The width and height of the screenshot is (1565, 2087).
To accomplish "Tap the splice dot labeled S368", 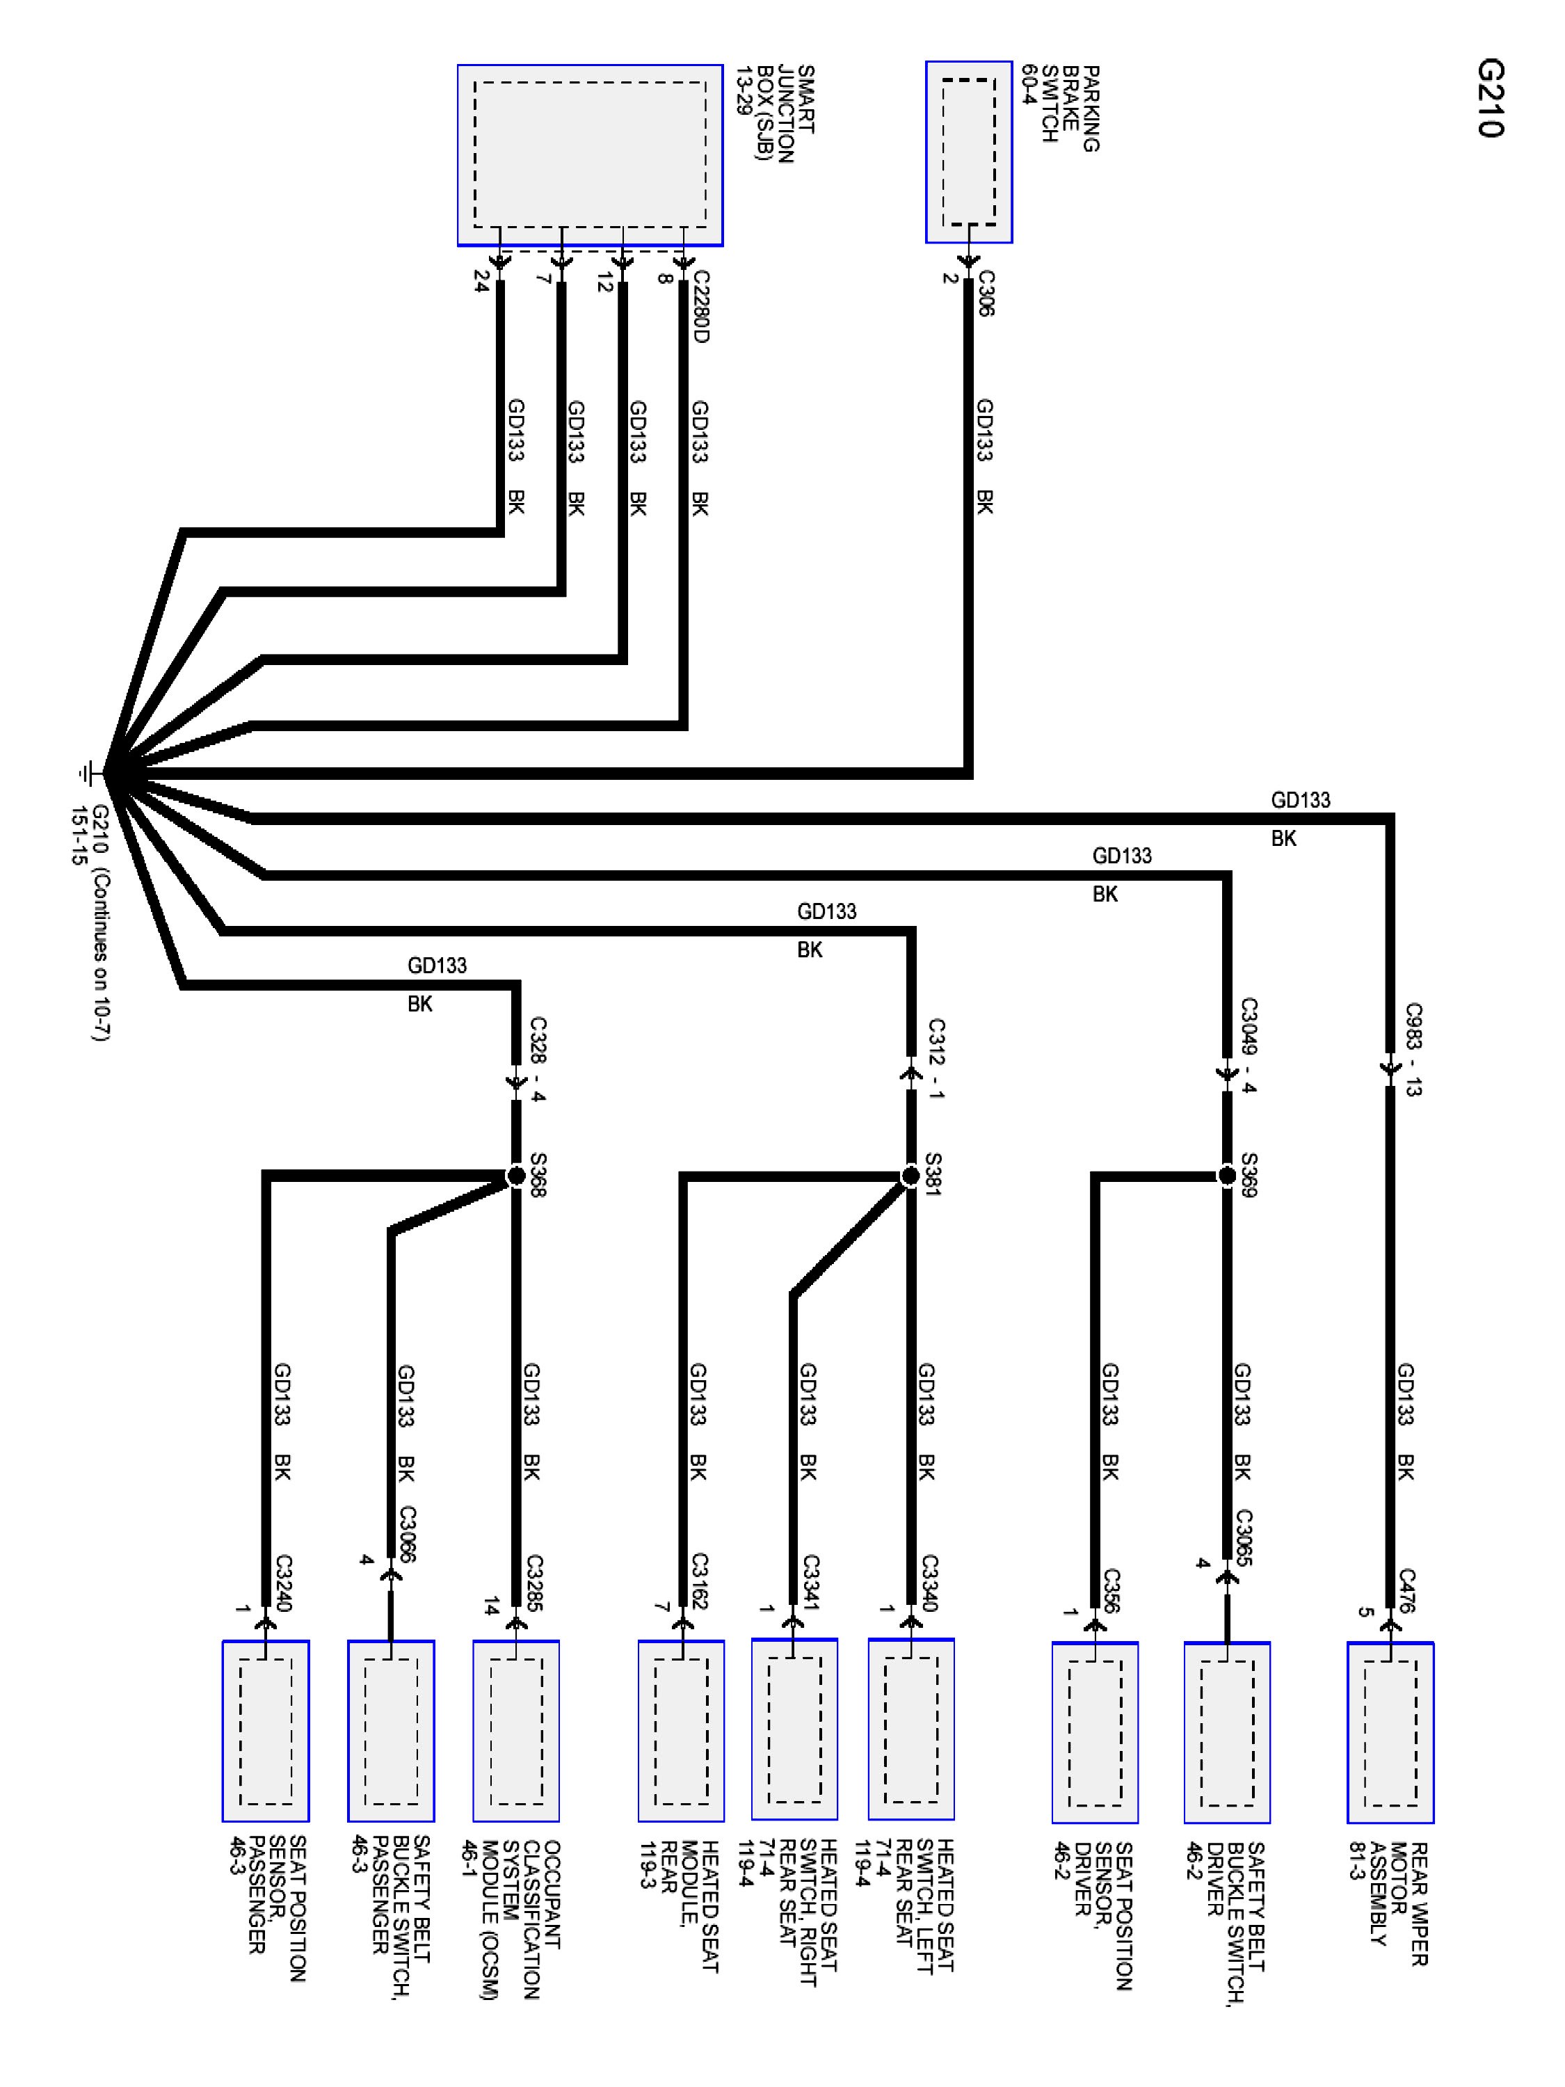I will pyautogui.click(x=516, y=1176).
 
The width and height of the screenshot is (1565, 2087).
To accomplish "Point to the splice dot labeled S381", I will pyautogui.click(x=910, y=1176).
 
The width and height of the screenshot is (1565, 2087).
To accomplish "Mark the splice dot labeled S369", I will pyautogui.click(x=1226, y=1176).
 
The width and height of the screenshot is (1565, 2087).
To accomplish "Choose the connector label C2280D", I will pyautogui.click(x=699, y=307).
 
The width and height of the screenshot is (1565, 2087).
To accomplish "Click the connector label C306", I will pyautogui.click(x=985, y=294).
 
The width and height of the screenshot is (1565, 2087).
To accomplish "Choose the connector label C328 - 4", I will pyautogui.click(x=538, y=1059).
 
